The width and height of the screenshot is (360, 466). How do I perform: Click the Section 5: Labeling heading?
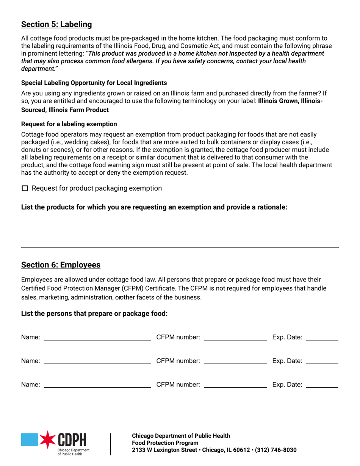[56, 25]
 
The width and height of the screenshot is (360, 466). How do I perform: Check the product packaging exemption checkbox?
[25, 188]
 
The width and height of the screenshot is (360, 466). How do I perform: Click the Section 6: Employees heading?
[61, 265]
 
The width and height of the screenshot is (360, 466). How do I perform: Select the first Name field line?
[97, 338]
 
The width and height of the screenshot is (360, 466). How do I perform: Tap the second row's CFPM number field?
[235, 361]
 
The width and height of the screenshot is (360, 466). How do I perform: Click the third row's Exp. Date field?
[322, 385]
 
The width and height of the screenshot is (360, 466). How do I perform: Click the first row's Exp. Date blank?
[322, 338]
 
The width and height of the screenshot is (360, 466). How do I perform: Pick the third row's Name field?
[97, 385]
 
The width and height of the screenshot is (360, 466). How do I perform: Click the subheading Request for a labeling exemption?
[69, 124]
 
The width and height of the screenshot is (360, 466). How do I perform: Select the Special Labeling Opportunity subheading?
[94, 83]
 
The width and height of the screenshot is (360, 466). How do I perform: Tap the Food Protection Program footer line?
[165, 443]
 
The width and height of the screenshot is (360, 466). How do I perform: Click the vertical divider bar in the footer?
[111, 444]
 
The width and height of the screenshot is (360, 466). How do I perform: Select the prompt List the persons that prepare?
[94, 313]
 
